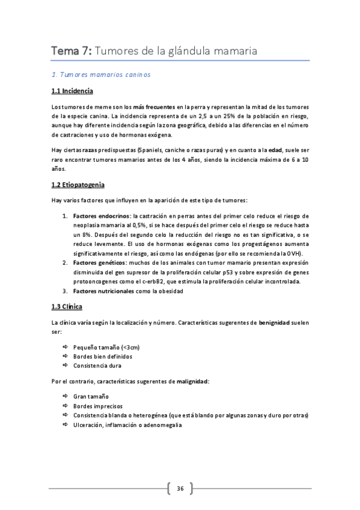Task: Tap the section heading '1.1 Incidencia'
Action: tap(72, 91)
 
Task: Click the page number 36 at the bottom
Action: tap(180, 488)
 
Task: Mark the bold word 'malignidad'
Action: tap(191, 381)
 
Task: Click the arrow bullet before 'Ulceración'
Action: tap(65, 425)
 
